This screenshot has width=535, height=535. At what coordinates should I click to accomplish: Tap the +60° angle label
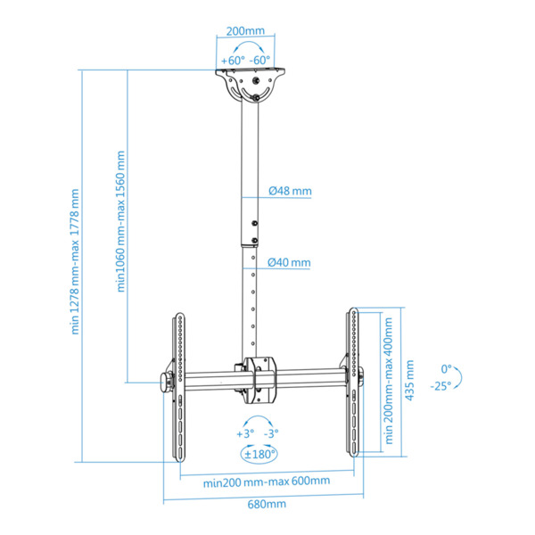233,60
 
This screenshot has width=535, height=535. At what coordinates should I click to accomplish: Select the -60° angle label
260,60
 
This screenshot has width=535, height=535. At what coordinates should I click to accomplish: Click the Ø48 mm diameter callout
291,191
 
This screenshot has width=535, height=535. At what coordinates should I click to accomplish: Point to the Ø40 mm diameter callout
291,262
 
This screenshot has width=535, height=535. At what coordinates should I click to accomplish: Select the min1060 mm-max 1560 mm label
120,221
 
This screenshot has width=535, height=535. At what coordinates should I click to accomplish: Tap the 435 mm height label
410,381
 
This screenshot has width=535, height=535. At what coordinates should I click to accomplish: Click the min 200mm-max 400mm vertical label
389,381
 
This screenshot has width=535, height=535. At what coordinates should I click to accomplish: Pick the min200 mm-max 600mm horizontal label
266,481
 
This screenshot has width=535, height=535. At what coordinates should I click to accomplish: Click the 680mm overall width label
267,505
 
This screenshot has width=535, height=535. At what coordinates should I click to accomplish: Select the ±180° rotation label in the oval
259,453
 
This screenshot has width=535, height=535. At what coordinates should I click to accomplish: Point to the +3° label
244,433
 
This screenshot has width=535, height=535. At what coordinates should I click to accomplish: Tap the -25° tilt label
439,385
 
